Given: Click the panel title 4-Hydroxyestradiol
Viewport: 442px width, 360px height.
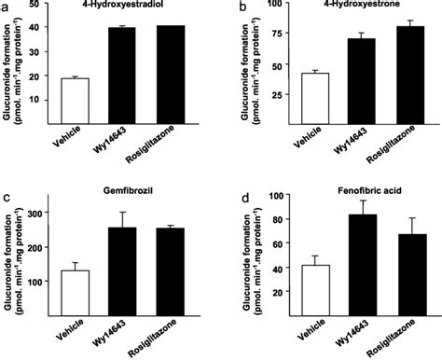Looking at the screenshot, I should [x=116, y=8].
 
